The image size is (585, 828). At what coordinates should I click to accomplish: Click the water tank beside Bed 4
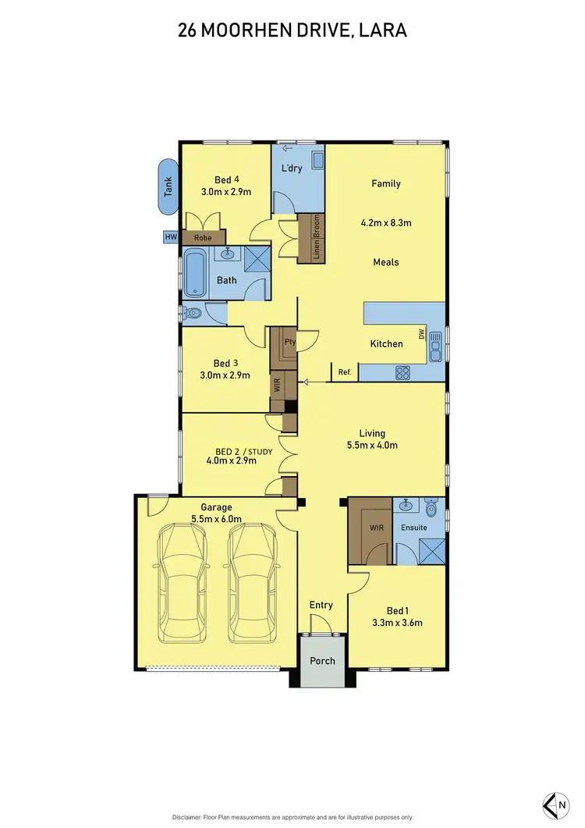pyautogui.click(x=167, y=187)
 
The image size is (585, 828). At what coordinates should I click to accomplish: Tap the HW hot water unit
pyautogui.click(x=170, y=237)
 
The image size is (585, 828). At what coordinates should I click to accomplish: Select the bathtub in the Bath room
pyautogui.click(x=194, y=273)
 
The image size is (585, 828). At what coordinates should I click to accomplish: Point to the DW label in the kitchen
pyautogui.click(x=422, y=334)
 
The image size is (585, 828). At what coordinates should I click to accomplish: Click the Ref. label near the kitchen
pyautogui.click(x=345, y=373)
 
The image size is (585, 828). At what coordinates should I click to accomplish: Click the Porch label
pyautogui.click(x=322, y=661)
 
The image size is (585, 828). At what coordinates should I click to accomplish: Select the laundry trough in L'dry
pyautogui.click(x=318, y=160)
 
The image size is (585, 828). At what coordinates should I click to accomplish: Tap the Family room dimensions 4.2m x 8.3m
pyautogui.click(x=385, y=223)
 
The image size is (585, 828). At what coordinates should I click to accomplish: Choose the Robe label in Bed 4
pyautogui.click(x=203, y=237)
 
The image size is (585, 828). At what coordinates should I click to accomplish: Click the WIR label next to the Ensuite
pyautogui.click(x=377, y=528)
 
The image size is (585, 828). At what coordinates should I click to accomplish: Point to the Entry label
pyautogui.click(x=321, y=605)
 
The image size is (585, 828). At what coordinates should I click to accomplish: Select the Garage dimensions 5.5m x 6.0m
pyautogui.click(x=216, y=519)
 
